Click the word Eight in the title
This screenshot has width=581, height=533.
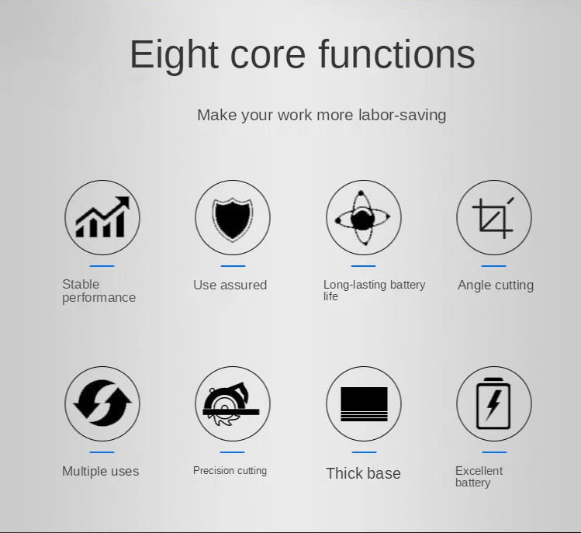point(174,55)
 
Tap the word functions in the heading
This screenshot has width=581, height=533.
point(397,54)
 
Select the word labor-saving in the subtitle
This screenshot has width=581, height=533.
point(402,115)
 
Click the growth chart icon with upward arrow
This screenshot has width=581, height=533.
point(102,217)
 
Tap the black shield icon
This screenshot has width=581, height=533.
point(233,218)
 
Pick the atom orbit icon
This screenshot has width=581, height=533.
point(362,218)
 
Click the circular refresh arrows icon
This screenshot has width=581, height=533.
point(102,403)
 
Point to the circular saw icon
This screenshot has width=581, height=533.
point(231,405)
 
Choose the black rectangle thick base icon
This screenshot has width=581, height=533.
point(364,404)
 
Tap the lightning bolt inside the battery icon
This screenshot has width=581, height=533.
point(493,405)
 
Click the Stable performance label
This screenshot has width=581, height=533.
point(99,291)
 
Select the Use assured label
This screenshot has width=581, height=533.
point(230,285)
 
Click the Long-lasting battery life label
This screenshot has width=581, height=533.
point(374,290)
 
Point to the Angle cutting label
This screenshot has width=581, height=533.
point(496,286)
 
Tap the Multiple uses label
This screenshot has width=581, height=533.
point(100,471)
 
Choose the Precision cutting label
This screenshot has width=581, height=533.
point(230,471)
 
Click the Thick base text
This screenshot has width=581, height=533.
point(363,473)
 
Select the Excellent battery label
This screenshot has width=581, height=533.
point(479,476)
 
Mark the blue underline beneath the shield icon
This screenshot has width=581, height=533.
point(233,266)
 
